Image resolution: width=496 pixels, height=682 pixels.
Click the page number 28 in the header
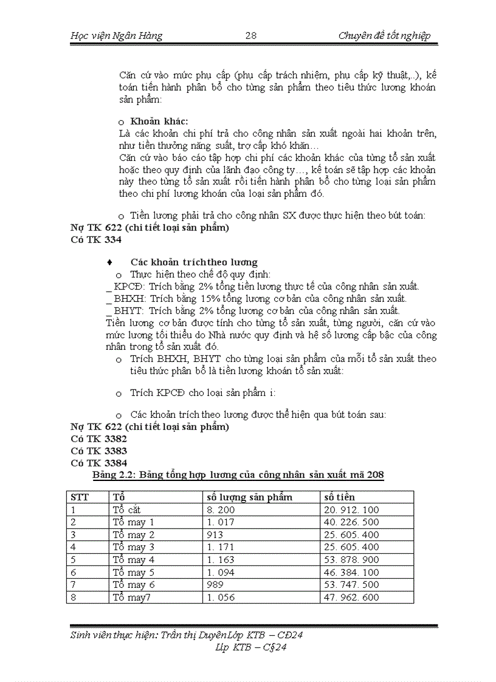pyautogui.click(x=250, y=36)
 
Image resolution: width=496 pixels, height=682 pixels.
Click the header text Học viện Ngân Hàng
pyautogui.click(x=117, y=36)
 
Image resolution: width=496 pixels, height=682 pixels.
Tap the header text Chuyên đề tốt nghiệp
pyautogui.click(x=384, y=36)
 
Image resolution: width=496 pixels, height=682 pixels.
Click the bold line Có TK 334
pyautogui.click(x=96, y=240)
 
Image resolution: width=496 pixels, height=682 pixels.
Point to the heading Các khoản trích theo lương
pyautogui.click(x=194, y=262)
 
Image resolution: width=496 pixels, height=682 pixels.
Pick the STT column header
pyautogui.click(x=80, y=497)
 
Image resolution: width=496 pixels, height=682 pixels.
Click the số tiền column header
pyautogui.click(x=339, y=497)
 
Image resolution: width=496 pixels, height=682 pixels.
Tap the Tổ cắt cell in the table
pyautogui.click(x=127, y=510)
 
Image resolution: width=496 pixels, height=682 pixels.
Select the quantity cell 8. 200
pyautogui.click(x=221, y=510)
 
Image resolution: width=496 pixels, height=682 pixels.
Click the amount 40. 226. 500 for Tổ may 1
pyautogui.click(x=351, y=522)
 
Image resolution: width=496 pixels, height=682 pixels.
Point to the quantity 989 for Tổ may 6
pyautogui.click(x=216, y=585)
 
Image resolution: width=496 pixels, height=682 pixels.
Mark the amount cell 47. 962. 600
pyautogui.click(x=351, y=597)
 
